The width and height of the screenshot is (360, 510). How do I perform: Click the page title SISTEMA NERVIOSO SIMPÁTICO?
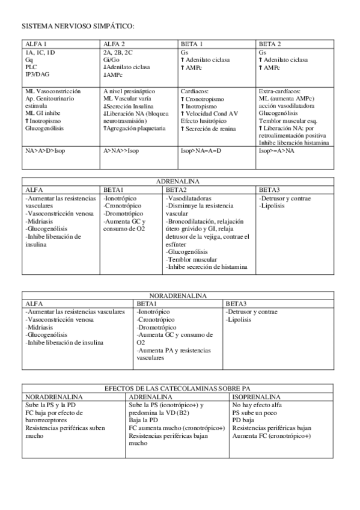(78, 27)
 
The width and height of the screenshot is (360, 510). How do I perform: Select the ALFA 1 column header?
(37, 44)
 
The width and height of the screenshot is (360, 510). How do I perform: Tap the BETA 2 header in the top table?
(270, 44)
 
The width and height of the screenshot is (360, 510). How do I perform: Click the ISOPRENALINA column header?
(257, 398)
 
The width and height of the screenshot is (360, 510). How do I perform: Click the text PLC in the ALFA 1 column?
(31, 67)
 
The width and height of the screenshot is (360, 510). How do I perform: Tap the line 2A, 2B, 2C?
(119, 52)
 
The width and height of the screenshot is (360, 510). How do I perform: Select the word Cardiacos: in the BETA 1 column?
(195, 90)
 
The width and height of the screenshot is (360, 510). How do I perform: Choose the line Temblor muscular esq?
(287, 120)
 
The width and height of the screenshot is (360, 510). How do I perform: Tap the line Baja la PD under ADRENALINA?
(144, 420)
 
